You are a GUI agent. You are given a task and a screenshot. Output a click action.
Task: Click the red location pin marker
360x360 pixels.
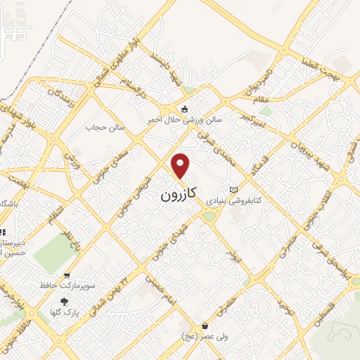click(x=181, y=165)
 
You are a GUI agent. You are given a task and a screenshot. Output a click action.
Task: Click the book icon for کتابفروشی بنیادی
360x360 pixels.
click(x=234, y=190)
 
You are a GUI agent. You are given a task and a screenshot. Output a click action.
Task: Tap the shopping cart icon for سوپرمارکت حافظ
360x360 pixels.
click(x=67, y=276)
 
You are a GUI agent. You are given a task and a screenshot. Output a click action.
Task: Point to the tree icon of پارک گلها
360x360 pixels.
click(x=65, y=302)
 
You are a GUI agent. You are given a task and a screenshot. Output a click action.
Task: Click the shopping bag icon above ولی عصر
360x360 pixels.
click(x=205, y=326)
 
